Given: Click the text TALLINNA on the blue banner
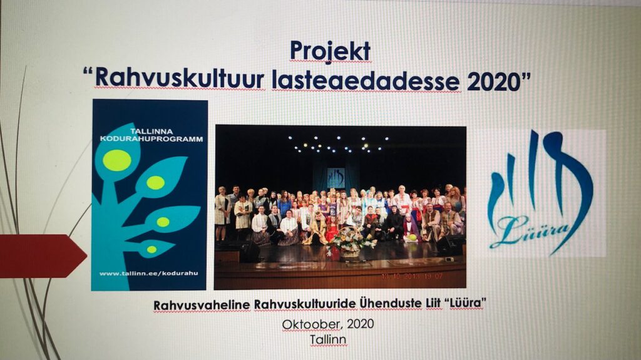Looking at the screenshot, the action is [151, 131].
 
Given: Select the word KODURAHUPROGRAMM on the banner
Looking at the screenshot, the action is [151, 139].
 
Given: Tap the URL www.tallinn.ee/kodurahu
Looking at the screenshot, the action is [148, 273].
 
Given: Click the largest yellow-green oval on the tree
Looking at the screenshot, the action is [117, 160].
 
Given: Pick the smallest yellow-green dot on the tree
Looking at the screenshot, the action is [151, 249].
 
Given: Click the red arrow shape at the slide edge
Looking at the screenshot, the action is [43, 256].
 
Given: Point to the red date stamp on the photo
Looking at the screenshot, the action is [412, 277].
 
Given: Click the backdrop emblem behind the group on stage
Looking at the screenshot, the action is [336, 178].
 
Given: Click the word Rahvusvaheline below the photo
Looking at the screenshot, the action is [202, 305].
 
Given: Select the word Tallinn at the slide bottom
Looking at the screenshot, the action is [328, 339].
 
